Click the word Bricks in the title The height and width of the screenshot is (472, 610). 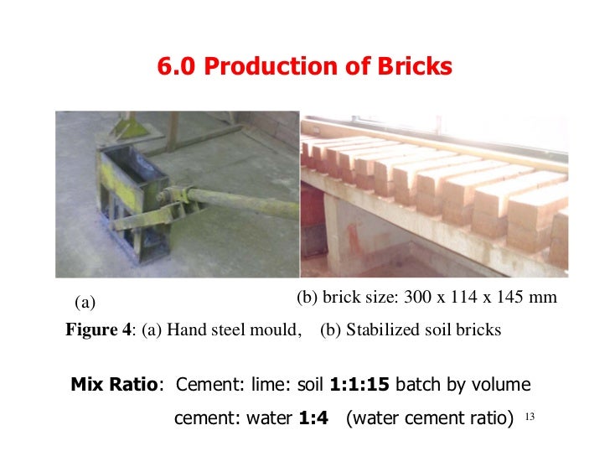[x=413, y=67]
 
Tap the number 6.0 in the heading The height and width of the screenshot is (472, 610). [x=177, y=67]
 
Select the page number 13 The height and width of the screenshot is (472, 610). [x=528, y=416]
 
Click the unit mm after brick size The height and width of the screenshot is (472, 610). [x=545, y=297]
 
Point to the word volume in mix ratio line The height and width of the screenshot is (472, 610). [x=501, y=385]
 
